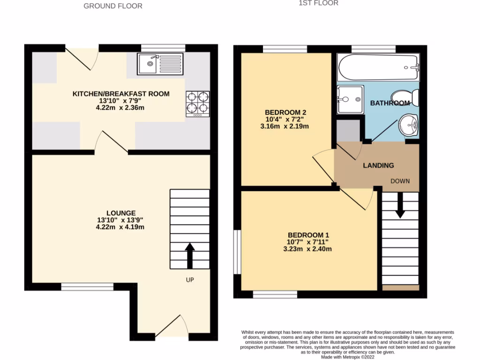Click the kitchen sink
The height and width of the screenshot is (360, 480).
(160, 64)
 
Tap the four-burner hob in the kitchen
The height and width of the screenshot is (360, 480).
(197, 104)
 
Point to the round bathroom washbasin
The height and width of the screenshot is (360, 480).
(408, 125)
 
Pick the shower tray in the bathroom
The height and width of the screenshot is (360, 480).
(350, 99)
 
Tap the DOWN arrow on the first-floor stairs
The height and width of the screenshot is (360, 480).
(400, 206)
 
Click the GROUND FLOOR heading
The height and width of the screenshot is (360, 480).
(112, 6)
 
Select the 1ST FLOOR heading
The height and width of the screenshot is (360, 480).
(318, 3)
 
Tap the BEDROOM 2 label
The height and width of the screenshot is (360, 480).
(285, 112)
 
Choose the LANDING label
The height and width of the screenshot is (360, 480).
(378, 165)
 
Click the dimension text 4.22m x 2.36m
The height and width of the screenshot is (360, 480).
(120, 108)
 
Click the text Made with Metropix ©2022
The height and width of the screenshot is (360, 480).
(347, 357)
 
